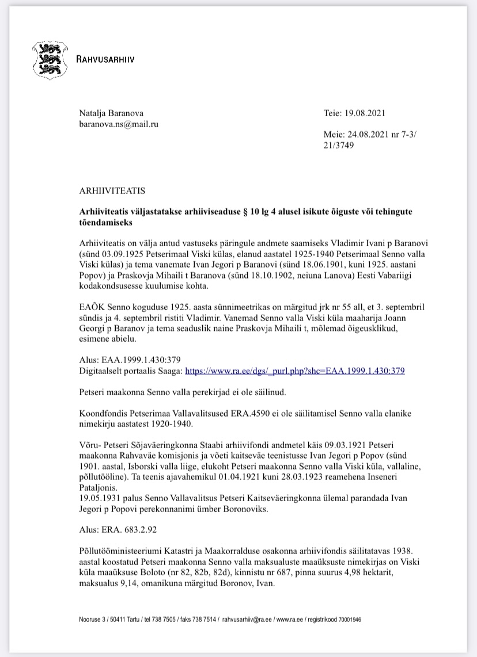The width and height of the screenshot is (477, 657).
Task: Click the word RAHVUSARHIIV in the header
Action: pos(106,59)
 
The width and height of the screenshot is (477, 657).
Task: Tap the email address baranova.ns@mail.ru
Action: pos(119,124)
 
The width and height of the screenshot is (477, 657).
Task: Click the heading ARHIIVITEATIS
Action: pos(112,189)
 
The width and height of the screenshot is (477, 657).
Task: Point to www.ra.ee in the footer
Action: pos(292,620)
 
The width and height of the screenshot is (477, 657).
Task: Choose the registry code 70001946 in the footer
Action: pos(347,620)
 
